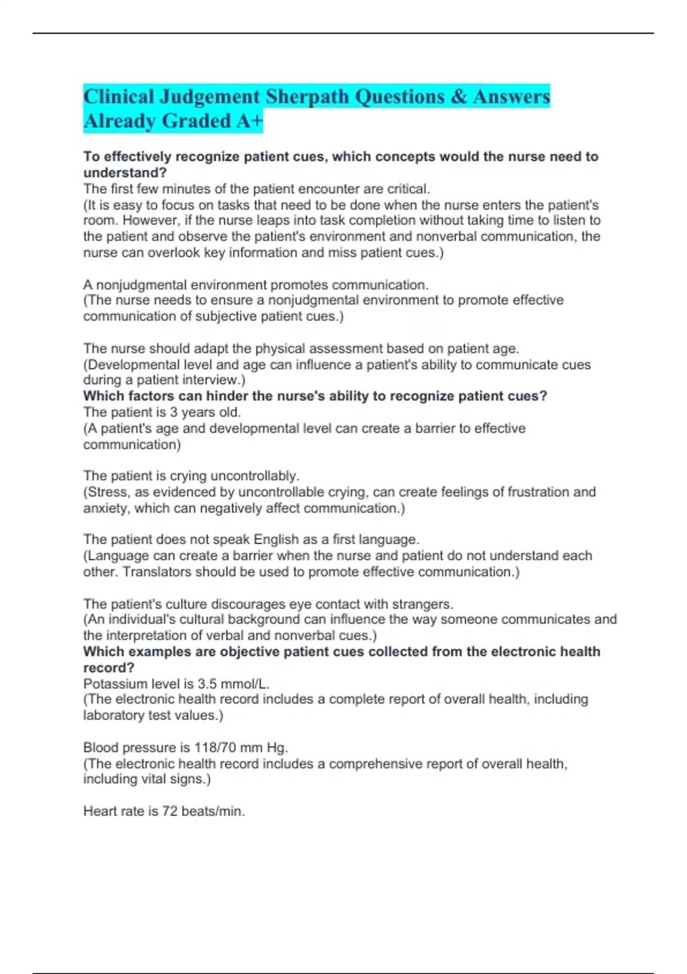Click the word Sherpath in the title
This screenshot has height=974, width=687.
coord(307,97)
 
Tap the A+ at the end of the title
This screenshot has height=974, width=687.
coord(249,121)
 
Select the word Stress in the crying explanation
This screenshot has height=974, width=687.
coord(106,492)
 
